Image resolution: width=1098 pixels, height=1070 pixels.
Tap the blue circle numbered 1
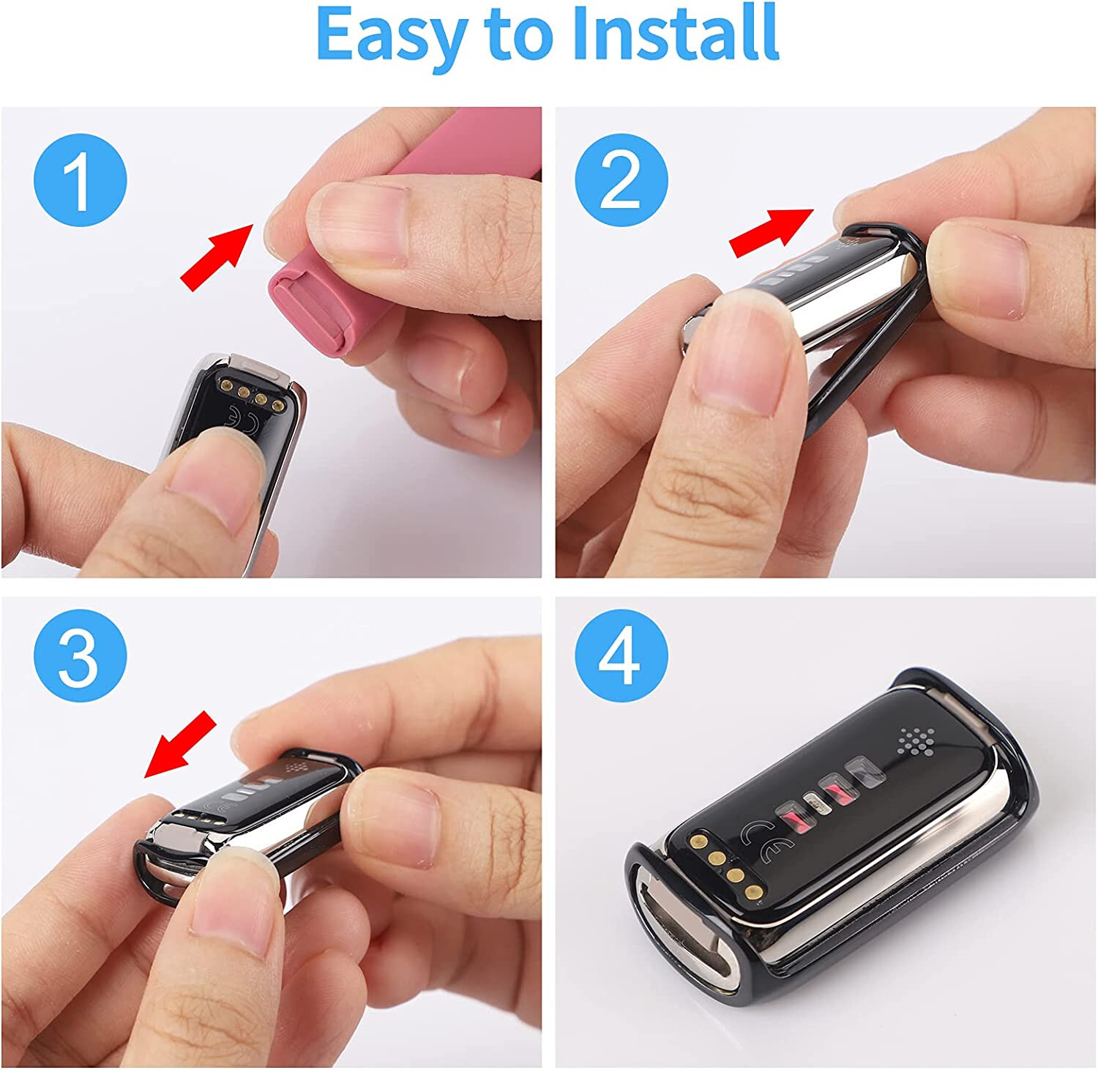pos(81,179)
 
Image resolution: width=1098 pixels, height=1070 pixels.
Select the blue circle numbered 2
pos(621,179)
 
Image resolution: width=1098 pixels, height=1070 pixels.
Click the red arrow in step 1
pos(217,256)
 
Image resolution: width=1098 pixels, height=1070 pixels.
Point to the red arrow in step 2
pos(772,232)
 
